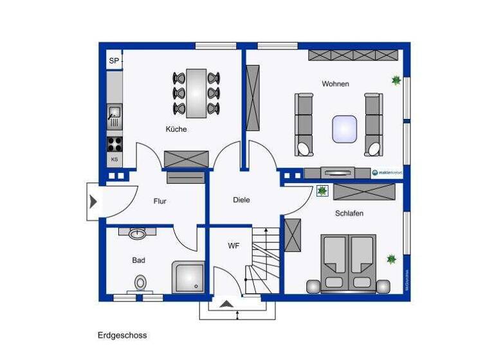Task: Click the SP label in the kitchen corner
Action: click(114, 61)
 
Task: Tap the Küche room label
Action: click(176, 129)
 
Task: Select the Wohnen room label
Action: click(335, 84)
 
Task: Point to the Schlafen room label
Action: click(349, 213)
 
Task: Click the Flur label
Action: click(160, 201)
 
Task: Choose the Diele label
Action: click(241, 200)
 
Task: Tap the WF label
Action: click(233, 246)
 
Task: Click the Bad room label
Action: click(139, 260)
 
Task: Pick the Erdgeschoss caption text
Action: click(122, 335)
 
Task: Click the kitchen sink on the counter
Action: click(114, 116)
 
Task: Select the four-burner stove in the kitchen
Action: click(114, 143)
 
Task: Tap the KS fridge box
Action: click(114, 159)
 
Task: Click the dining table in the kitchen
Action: click(196, 93)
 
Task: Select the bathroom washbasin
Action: click(138, 233)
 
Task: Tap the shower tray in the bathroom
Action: click(188, 277)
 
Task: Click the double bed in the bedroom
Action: click(348, 262)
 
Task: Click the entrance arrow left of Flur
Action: click(93, 202)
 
